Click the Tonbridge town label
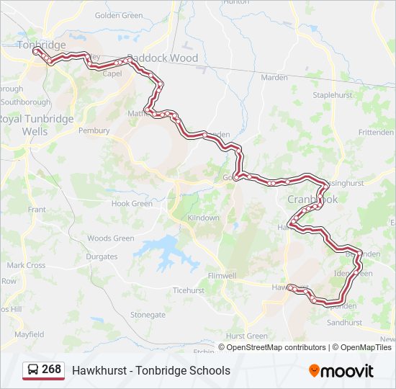click(41, 45)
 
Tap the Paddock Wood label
click(162, 58)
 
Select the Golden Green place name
click(119, 15)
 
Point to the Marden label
click(274, 77)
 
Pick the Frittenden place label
click(376, 133)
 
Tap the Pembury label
click(94, 131)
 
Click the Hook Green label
click(132, 204)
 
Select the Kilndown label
click(203, 218)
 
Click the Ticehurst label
click(189, 290)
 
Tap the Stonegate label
click(148, 315)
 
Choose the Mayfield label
click(29, 334)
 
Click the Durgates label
click(102, 256)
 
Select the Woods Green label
click(111, 238)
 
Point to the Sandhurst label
click(344, 323)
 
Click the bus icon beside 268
click(33, 370)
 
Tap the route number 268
click(51, 370)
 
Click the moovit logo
click(341, 371)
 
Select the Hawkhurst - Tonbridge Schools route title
click(151, 370)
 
